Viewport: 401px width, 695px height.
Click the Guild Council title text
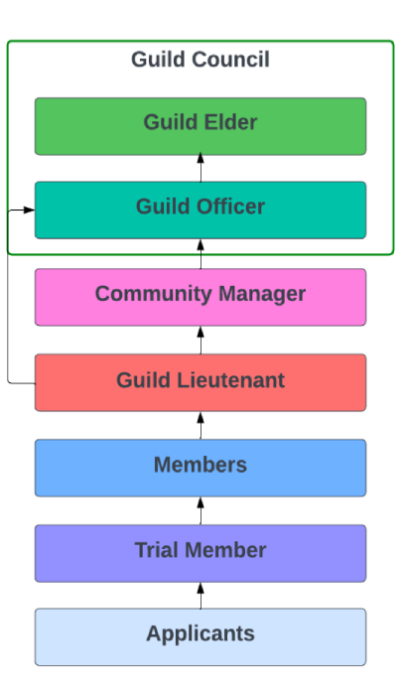tap(200, 61)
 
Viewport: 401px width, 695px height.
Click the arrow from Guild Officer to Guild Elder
tap(200, 168)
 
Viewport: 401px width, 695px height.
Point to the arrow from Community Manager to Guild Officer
tap(200, 254)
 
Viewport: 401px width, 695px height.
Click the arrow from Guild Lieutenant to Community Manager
tap(200, 340)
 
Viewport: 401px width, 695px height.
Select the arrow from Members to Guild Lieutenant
tap(200, 425)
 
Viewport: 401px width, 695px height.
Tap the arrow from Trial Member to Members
tap(200, 510)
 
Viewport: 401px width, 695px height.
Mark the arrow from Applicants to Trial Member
tap(200, 595)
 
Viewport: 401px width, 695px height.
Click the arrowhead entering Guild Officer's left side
tap(29, 210)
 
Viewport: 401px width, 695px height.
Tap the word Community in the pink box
tap(145, 294)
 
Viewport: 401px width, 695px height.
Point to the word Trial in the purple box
tap(156, 550)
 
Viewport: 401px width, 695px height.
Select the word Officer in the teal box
tap(229, 208)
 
